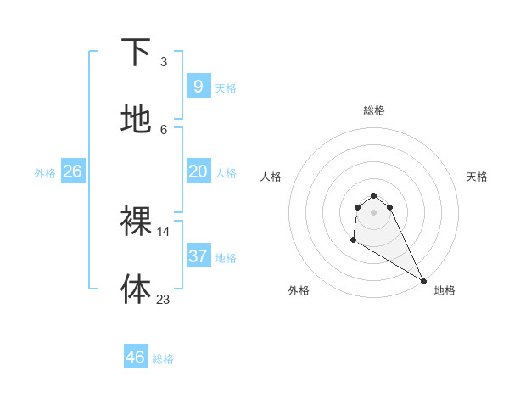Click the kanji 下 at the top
point(136,53)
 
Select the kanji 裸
point(136,222)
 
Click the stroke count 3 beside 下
point(164,62)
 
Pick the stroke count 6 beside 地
point(164,129)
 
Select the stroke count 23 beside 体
point(164,299)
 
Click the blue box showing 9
point(198,86)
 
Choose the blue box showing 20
point(198,171)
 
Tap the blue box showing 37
point(198,256)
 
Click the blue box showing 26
point(72,171)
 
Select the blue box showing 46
point(136,357)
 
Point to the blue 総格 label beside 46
point(163,359)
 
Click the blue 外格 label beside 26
point(45,173)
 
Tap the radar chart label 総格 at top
point(373,110)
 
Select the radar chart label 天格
point(477,177)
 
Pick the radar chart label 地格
point(445,290)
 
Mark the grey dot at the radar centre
point(373,211)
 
